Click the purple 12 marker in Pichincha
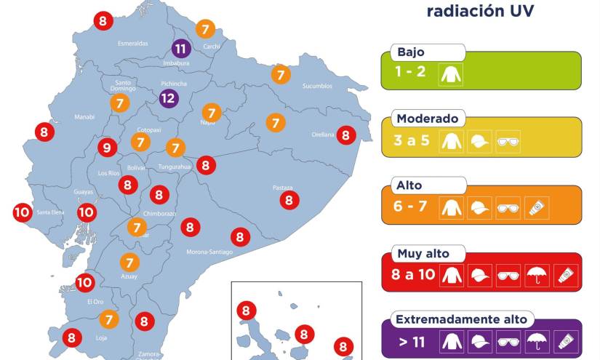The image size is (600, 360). tap(168, 98)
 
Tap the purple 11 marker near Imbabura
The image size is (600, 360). tap(182, 49)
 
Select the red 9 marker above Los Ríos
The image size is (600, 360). tap(107, 148)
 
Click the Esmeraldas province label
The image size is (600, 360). tap(133, 44)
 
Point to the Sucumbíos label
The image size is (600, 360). tap(317, 86)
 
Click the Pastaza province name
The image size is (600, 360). tap(282, 187)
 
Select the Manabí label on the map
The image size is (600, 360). tap(84, 116)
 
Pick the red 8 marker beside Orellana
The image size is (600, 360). tap(345, 135)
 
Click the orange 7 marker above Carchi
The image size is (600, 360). tap(206, 29)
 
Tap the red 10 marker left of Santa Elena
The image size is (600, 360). tap(22, 212)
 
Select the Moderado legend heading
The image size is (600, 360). tap(427, 119)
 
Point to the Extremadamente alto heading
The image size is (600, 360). tap(461, 319)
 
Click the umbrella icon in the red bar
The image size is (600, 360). tap(536, 275)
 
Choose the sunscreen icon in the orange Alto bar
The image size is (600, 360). tap(536, 208)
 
